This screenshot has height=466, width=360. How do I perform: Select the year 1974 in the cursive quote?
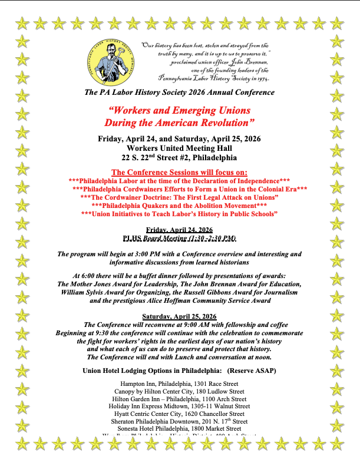pyautogui.click(x=261, y=78)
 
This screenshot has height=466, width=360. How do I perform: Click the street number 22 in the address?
pyautogui.click(x=128, y=158)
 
